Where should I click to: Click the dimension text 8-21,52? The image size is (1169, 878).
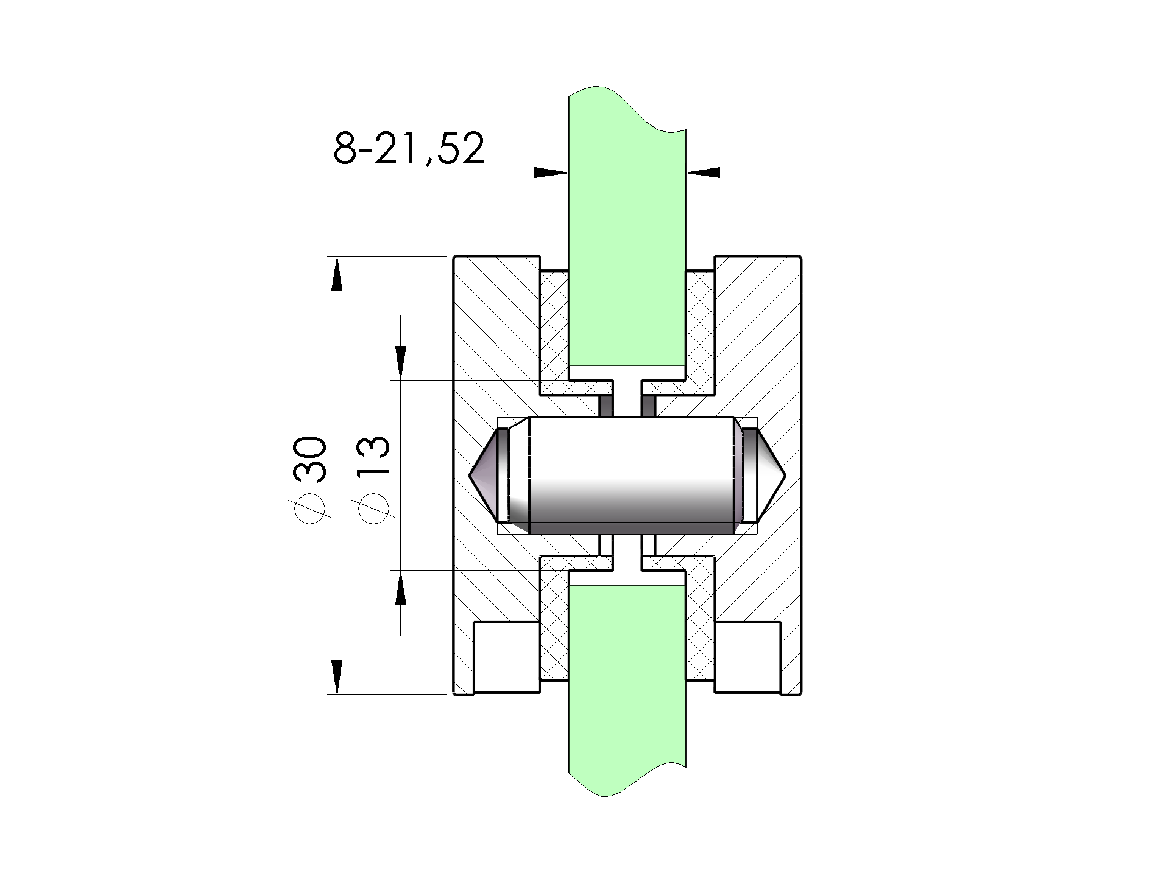click(x=409, y=148)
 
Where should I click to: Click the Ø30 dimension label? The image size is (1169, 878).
click(x=312, y=480)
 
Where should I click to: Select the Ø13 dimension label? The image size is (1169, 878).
click(x=374, y=480)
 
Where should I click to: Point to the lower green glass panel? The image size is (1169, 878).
click(x=627, y=689)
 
